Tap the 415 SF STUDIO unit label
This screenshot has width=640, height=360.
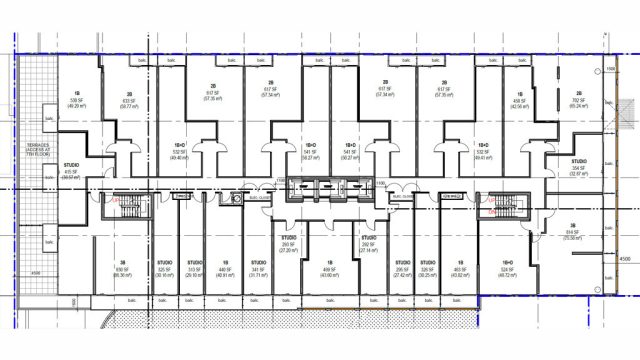[x=71, y=171]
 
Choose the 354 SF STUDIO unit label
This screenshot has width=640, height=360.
[x=578, y=166]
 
